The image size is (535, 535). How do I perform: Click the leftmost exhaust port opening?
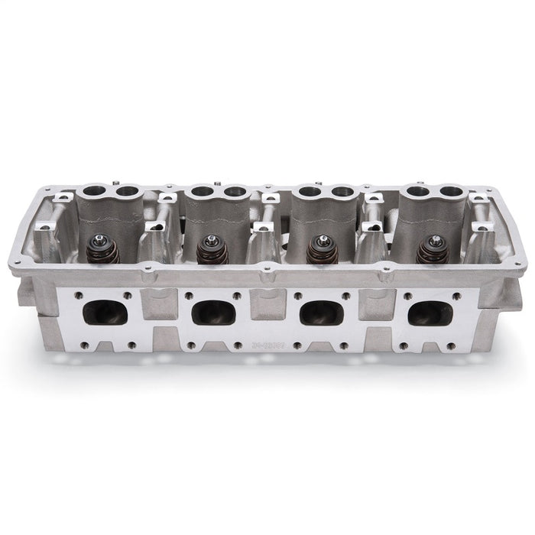(105, 313)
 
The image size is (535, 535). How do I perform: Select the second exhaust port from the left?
(213, 313)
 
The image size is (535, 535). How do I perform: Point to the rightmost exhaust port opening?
(430, 313)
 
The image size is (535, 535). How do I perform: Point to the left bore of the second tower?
(202, 191)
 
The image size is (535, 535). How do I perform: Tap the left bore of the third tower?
(310, 192)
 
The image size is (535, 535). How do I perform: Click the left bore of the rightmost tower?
(417, 191)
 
